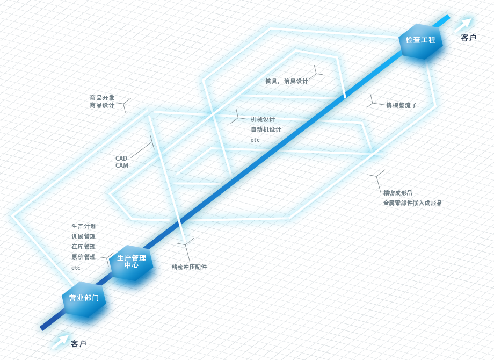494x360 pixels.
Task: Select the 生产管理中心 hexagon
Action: (x=132, y=263)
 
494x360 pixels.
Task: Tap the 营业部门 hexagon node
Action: (x=84, y=299)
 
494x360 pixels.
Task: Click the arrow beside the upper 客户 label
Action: (x=463, y=25)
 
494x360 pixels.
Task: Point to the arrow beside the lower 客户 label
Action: (x=60, y=342)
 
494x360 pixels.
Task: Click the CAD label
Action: (x=121, y=159)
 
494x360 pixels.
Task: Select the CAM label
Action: (x=122, y=165)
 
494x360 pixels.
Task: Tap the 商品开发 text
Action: (x=102, y=98)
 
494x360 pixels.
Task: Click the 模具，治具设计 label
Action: (x=287, y=81)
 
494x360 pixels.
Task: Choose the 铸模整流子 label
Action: (x=402, y=105)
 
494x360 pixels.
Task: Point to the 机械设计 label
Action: (x=263, y=119)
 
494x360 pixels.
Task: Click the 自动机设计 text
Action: (x=266, y=129)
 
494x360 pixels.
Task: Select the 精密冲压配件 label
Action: (x=190, y=267)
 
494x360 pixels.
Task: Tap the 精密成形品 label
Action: (x=397, y=192)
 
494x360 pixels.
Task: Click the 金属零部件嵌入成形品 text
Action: (x=412, y=203)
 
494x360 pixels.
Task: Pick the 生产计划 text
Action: (x=83, y=226)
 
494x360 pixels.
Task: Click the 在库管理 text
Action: (x=83, y=247)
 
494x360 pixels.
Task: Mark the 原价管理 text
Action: (x=83, y=257)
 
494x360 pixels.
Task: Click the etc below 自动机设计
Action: (x=255, y=140)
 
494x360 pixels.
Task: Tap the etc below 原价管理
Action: (x=76, y=268)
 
